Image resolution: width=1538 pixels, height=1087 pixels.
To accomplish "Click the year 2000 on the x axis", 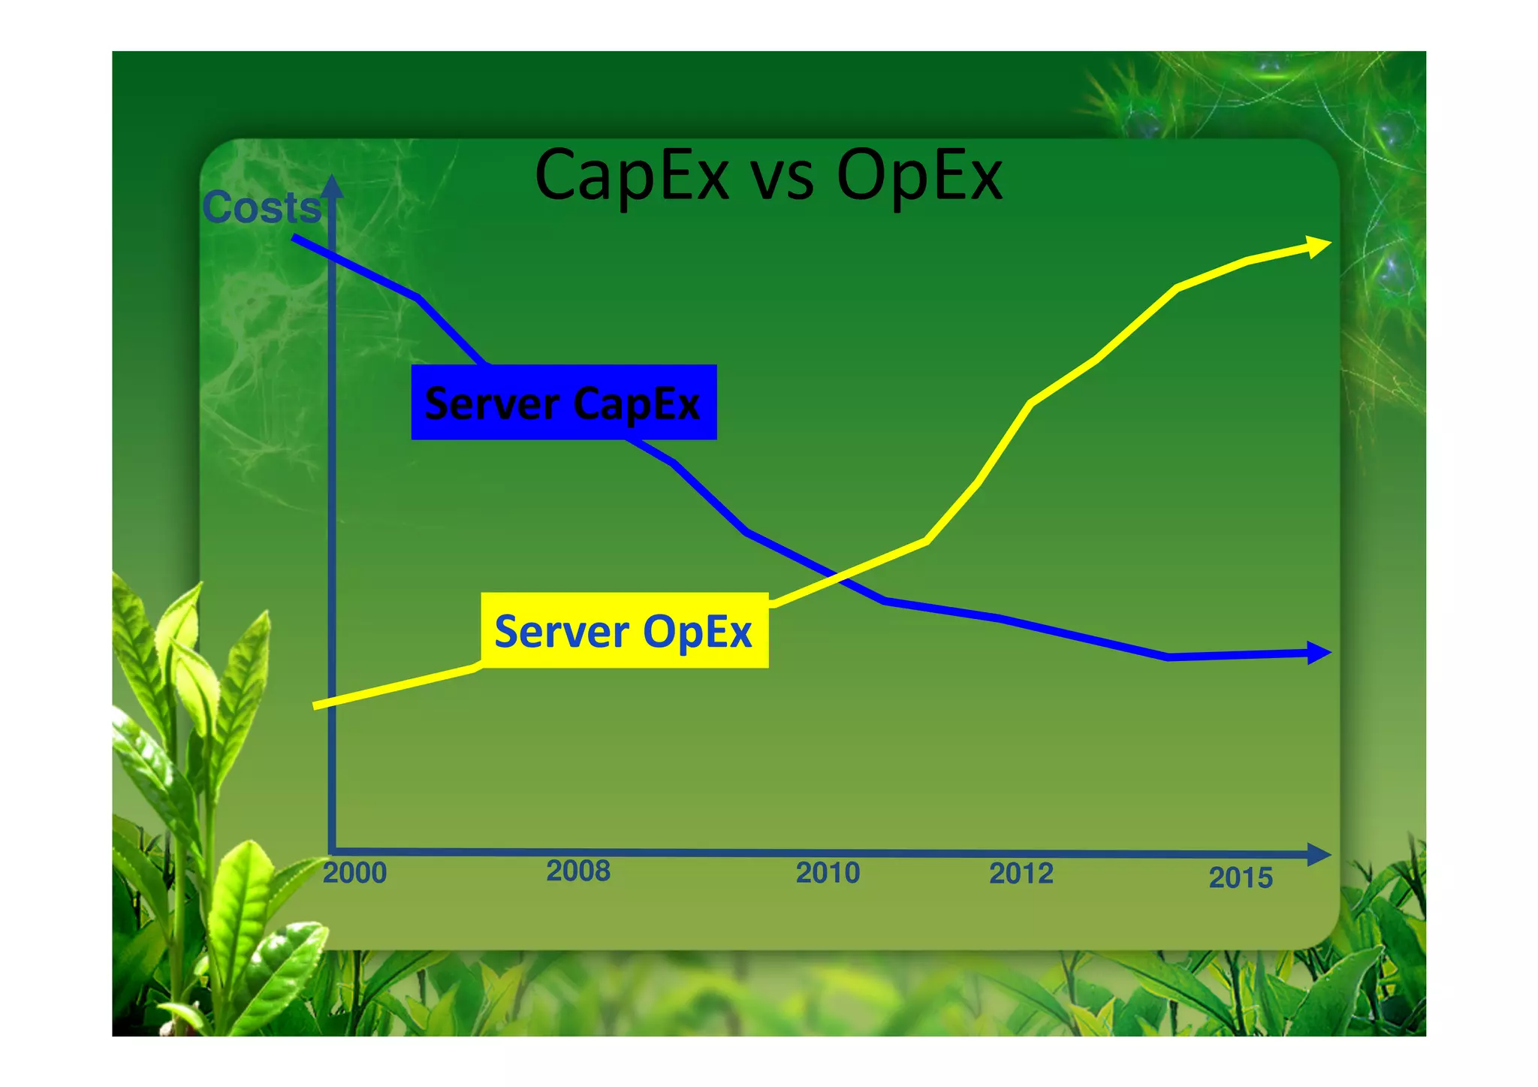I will (354, 873).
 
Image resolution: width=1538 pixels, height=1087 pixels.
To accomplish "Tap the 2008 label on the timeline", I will (578, 871).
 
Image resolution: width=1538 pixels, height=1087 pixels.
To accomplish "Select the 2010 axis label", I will (828, 873).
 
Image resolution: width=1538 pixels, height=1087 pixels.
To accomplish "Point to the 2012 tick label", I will (1021, 874).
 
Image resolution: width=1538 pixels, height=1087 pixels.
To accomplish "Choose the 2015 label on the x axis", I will (1241, 877).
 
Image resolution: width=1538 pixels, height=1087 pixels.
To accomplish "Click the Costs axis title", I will (261, 207).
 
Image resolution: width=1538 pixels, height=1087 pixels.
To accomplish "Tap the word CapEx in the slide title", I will (632, 176).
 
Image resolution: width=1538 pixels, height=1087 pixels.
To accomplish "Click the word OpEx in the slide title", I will (919, 176).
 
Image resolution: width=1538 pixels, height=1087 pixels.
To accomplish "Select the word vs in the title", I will (783, 180).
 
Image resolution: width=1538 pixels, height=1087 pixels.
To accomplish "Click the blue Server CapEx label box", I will (564, 403).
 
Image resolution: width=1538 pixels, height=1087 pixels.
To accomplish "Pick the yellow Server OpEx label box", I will (624, 631).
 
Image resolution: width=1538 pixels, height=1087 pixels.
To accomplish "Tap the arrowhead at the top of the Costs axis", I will (332, 186).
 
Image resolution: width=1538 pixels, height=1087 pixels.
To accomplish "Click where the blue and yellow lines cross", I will (836, 577).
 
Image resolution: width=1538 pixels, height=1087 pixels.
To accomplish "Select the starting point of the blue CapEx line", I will (295, 238).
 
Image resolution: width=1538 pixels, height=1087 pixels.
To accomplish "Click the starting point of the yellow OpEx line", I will (316, 705).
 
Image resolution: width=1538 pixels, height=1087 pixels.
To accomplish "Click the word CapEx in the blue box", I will (637, 404).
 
